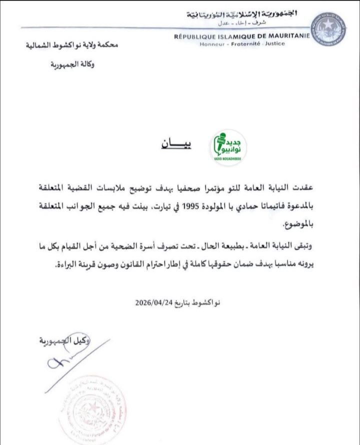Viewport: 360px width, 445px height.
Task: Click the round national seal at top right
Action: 328,31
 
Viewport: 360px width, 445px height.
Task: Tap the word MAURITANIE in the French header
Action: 285,36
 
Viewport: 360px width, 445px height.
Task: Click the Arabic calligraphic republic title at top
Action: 242,14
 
